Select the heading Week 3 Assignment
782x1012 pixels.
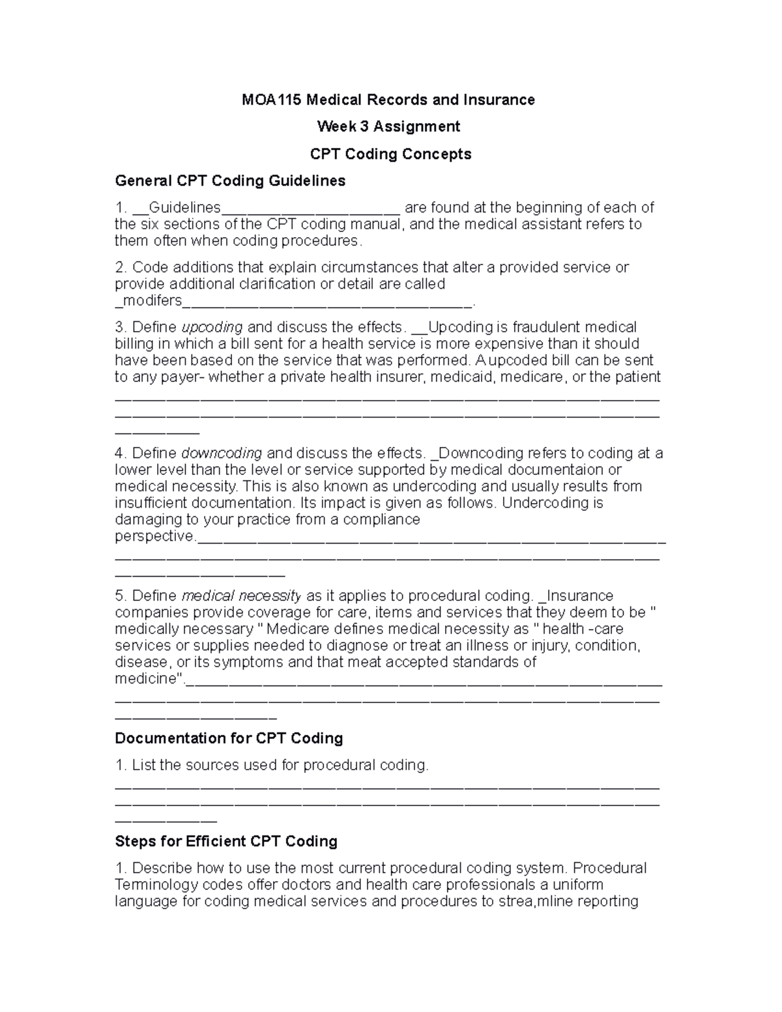click(x=388, y=126)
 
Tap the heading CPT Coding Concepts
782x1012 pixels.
click(x=390, y=154)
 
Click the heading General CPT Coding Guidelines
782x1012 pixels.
click(x=230, y=181)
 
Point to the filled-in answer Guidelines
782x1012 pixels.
click(x=185, y=208)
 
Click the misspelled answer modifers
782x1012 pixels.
click(x=151, y=300)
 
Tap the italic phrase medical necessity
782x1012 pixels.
click(x=240, y=596)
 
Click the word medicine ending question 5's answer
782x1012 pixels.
click(x=147, y=679)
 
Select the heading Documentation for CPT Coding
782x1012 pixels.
click(x=229, y=738)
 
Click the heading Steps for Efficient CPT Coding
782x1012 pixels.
click(x=226, y=841)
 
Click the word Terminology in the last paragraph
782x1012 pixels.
click(x=156, y=885)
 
